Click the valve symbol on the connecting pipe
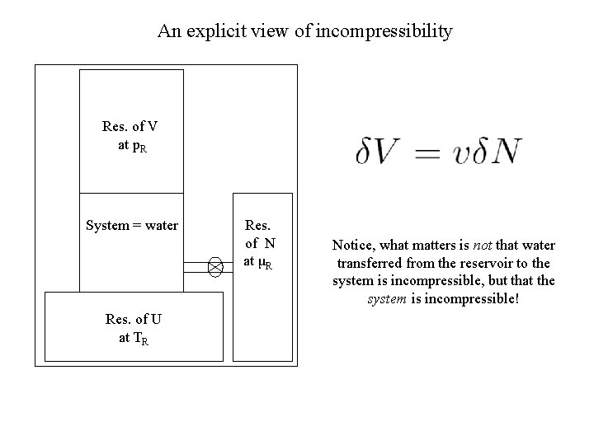coord(215,265)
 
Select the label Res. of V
coord(130,127)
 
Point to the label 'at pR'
coord(132,146)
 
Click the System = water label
coord(132,225)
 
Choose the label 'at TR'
coord(133,339)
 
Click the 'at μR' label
coord(259,262)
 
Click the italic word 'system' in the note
coord(385,297)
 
